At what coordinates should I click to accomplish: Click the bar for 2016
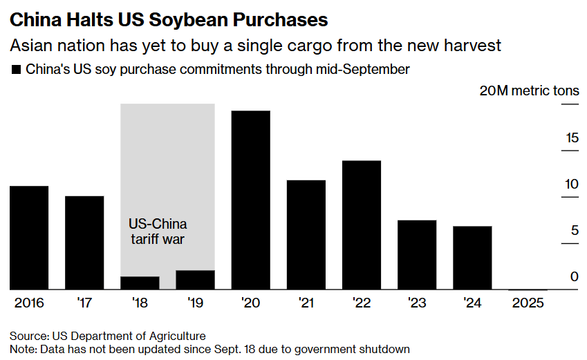point(29,238)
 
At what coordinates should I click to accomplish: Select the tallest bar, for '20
point(250,200)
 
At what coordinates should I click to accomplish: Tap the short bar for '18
point(140,283)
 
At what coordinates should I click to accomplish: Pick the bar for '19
point(195,280)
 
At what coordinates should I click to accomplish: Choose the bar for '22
point(362,225)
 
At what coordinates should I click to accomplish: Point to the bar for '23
point(417,255)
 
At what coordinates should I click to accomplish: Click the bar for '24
point(472,258)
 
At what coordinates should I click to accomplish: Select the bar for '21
point(306,235)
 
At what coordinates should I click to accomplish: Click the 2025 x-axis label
point(528,303)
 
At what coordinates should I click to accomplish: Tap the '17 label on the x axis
point(84,303)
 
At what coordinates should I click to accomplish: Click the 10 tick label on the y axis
point(571,185)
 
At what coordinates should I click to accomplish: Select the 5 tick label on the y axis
point(574,231)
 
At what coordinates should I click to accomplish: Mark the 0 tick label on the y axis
point(574,277)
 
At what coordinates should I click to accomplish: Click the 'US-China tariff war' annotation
point(158,231)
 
